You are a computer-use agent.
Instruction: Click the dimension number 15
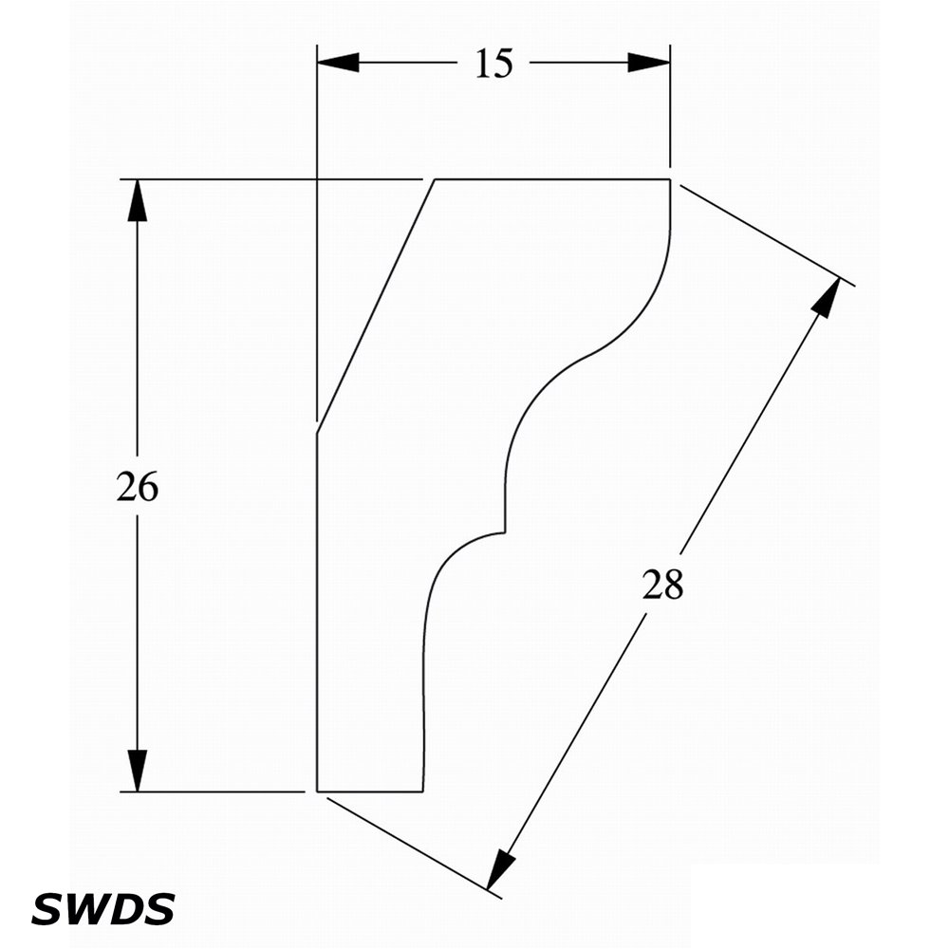point(493,64)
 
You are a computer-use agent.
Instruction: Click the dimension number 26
point(137,486)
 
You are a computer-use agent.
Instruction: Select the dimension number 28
point(662,584)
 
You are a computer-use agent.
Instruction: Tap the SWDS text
point(102,908)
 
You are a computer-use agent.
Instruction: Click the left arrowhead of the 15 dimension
point(338,63)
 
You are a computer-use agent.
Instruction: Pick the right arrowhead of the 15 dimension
point(649,63)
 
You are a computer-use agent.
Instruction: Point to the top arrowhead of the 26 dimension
point(138,200)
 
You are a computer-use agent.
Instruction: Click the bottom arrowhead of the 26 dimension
point(138,771)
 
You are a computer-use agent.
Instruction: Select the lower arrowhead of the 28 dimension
point(500,869)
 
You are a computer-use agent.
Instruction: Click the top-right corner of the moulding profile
point(670,179)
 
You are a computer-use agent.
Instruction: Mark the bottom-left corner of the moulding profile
point(317,791)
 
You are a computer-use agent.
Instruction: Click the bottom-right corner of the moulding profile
point(422,791)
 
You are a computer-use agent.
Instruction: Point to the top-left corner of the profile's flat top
point(435,179)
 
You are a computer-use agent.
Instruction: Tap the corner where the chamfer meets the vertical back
point(317,434)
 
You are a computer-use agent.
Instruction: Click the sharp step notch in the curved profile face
point(505,532)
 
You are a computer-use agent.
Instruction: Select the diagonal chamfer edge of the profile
point(376,307)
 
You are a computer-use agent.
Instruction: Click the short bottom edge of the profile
point(370,791)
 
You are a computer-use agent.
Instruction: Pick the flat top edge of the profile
point(552,179)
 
